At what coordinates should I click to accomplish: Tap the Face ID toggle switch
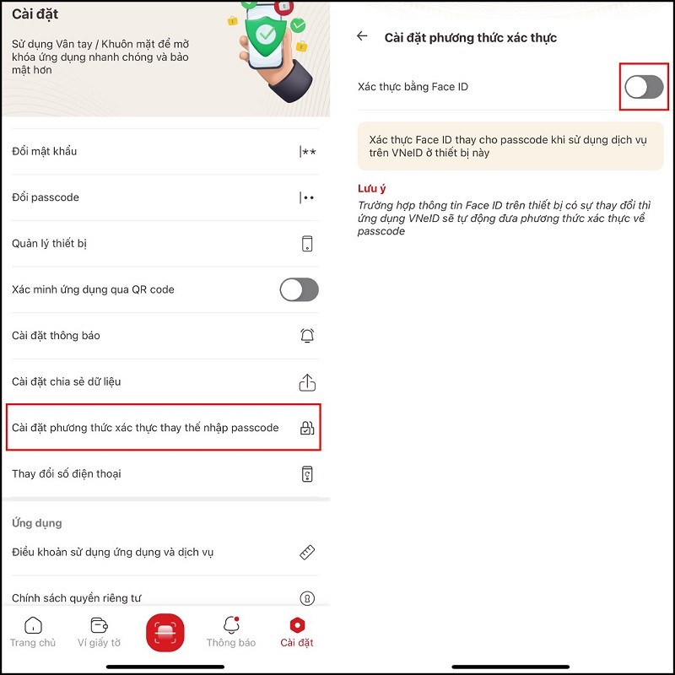pyautogui.click(x=644, y=86)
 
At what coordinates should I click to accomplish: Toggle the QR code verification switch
pyautogui.click(x=299, y=289)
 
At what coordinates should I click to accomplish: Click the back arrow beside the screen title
pyautogui.click(x=363, y=36)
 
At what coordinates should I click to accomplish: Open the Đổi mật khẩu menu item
pyautogui.click(x=45, y=151)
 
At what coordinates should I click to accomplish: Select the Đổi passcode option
pyautogui.click(x=46, y=197)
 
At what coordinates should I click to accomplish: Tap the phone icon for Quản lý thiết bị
pyautogui.click(x=307, y=244)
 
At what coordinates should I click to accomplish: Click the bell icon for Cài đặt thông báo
pyautogui.click(x=307, y=336)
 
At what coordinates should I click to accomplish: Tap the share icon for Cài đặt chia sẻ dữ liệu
pyautogui.click(x=307, y=382)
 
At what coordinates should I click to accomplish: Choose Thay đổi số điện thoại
pyautogui.click(x=67, y=473)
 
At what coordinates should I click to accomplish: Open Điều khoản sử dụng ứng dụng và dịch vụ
pyautogui.click(x=113, y=552)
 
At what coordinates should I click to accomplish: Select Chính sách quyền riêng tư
pyautogui.click(x=77, y=598)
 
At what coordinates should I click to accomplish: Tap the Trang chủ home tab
pyautogui.click(x=33, y=632)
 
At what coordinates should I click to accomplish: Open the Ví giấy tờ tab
pyautogui.click(x=105, y=632)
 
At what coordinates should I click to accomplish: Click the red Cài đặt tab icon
pyautogui.click(x=297, y=626)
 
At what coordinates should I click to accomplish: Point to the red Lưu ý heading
pyautogui.click(x=372, y=188)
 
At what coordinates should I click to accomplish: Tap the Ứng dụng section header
pyautogui.click(x=37, y=523)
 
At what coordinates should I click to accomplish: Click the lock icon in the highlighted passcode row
pyautogui.click(x=307, y=428)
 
